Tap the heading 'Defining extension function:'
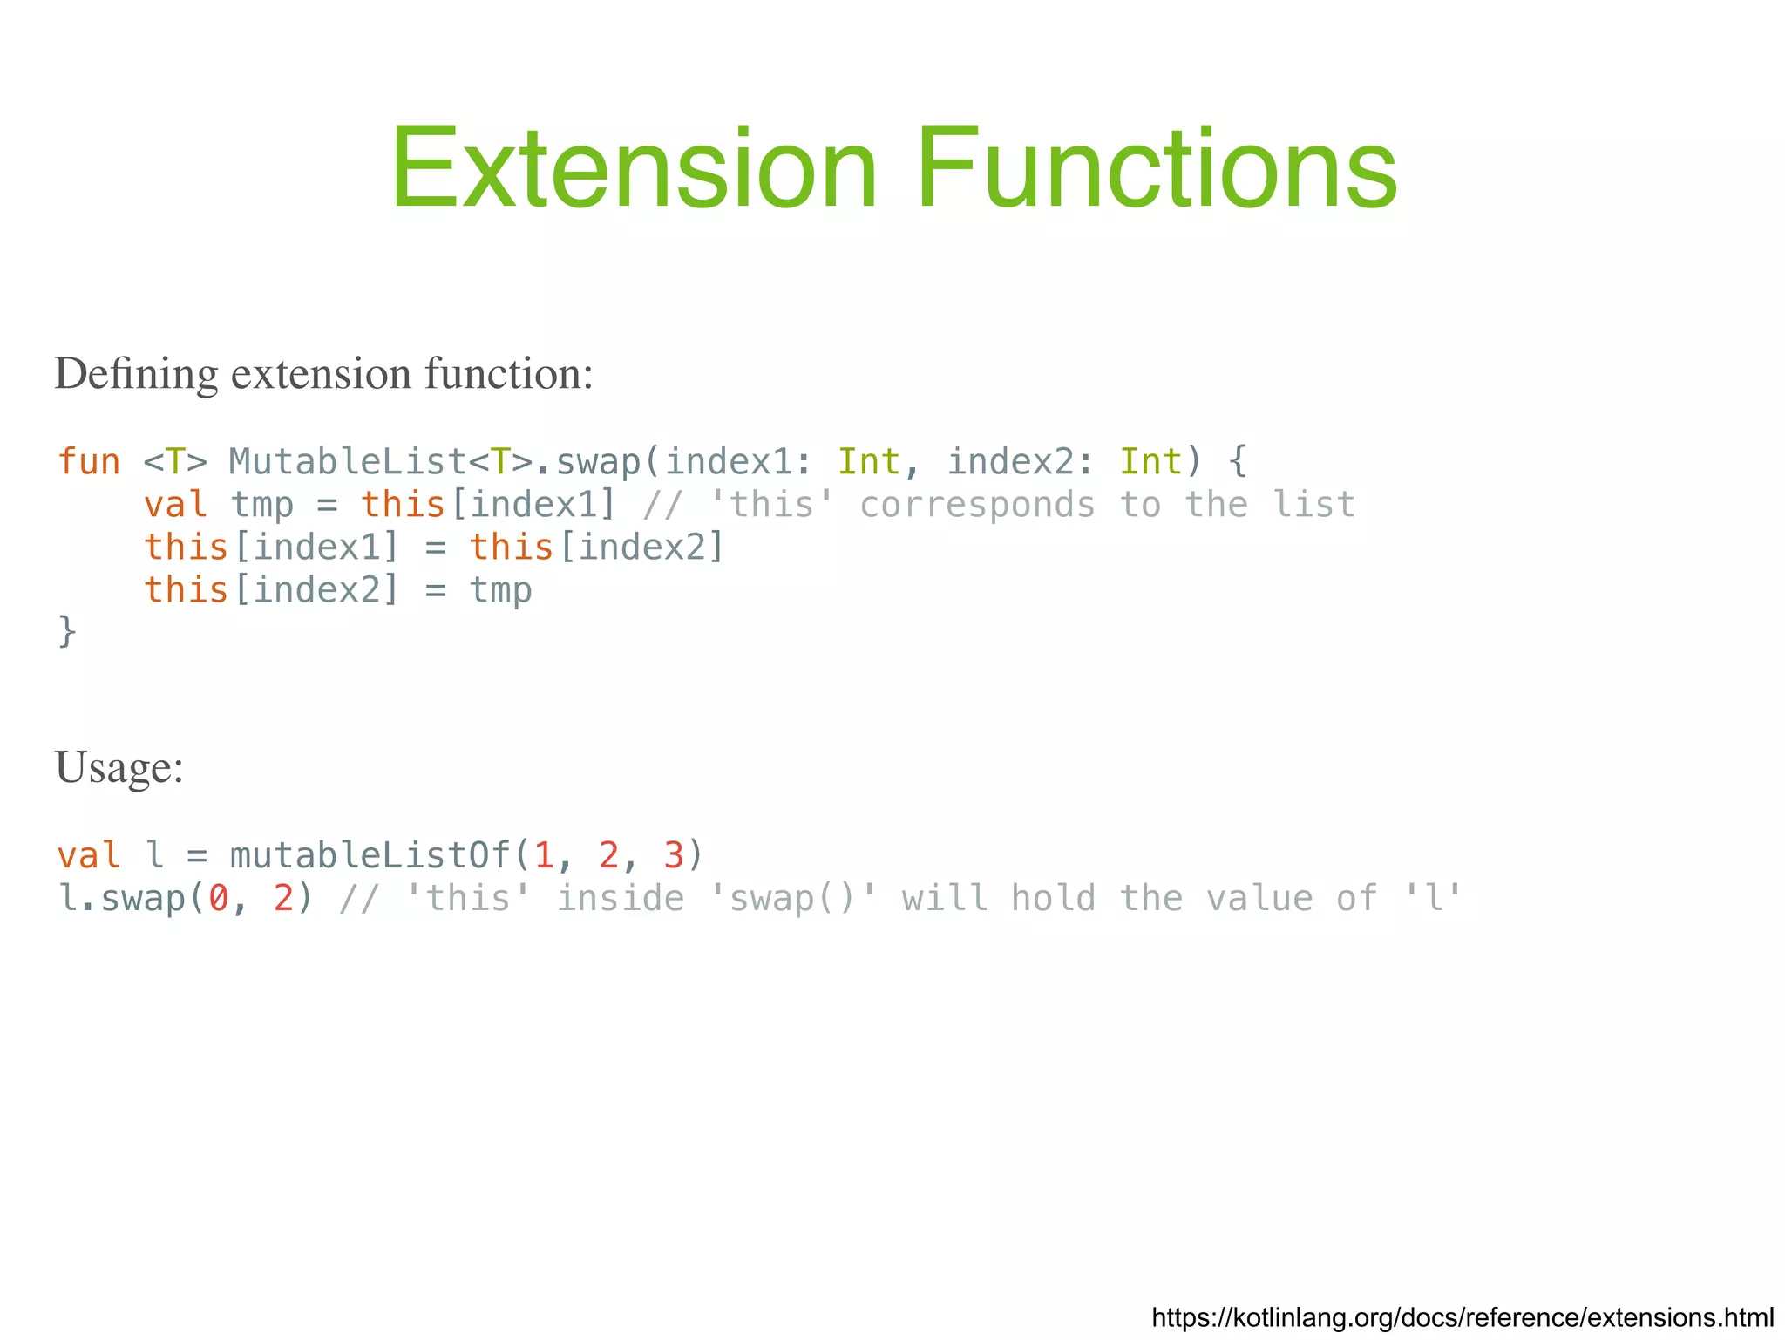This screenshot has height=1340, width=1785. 323,374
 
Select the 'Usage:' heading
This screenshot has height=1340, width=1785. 119,768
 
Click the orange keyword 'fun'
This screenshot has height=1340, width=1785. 89,462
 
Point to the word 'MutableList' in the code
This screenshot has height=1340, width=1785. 348,462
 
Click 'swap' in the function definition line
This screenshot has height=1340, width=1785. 598,462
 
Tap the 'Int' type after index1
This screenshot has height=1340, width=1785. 869,462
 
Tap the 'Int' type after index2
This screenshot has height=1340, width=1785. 1150,462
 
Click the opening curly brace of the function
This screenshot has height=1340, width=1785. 1238,462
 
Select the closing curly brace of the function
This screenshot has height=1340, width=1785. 67,631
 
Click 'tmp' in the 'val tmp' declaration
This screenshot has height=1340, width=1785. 261,506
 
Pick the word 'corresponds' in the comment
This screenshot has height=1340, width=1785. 977,506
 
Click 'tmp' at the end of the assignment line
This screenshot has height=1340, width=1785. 500,591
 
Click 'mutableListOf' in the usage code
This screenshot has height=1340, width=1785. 370,855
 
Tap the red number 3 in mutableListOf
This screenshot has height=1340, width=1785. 673,855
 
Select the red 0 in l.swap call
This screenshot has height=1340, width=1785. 219,899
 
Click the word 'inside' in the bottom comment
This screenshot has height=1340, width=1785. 620,899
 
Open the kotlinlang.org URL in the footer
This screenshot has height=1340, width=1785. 1462,1317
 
